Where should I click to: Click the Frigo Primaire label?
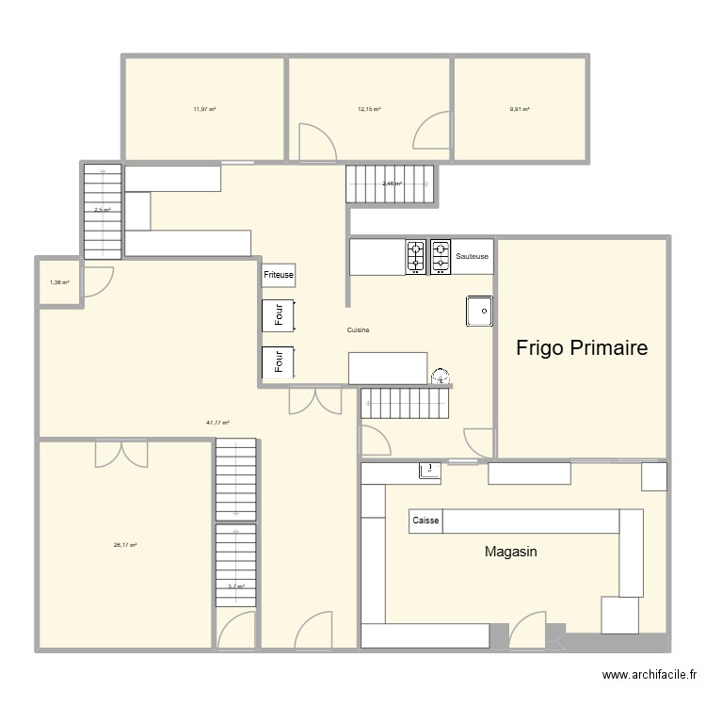[582, 348]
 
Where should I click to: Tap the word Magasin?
[510, 552]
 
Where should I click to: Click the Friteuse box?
[279, 275]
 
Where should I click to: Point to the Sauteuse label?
[472, 256]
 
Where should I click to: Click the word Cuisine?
[358, 329]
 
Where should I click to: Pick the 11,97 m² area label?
[204, 109]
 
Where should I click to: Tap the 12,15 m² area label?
[369, 109]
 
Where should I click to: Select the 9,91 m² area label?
[520, 109]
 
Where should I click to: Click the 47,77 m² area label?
[218, 423]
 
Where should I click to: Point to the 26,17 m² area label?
[125, 545]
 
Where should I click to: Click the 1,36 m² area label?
[59, 282]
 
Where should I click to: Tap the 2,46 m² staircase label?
[392, 184]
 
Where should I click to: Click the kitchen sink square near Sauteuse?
[479, 312]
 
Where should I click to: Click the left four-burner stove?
[416, 256]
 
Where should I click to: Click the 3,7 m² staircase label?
[235, 586]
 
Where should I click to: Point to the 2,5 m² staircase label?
[102, 210]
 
